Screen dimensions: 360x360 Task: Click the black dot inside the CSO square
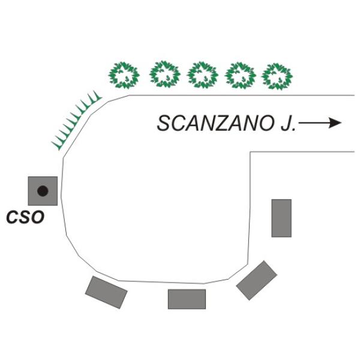43,191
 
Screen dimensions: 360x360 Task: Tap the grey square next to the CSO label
43,191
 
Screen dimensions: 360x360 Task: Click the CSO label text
25,217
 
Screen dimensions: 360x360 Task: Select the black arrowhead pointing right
335,123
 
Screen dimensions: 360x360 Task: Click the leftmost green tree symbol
124,76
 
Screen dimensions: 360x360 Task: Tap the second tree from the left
165,74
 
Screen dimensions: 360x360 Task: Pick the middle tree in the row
203,75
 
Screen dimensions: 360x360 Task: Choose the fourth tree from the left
240,76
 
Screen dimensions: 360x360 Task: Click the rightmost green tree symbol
277,76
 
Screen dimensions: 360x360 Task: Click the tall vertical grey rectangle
281,218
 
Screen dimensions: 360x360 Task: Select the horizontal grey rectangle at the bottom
187,299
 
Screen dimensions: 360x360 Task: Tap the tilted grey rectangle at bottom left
106,292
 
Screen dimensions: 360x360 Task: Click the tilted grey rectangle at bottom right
257,280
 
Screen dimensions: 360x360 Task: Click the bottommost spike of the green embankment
56,146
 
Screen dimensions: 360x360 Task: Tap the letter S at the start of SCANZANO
164,124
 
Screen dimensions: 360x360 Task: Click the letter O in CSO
38,217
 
